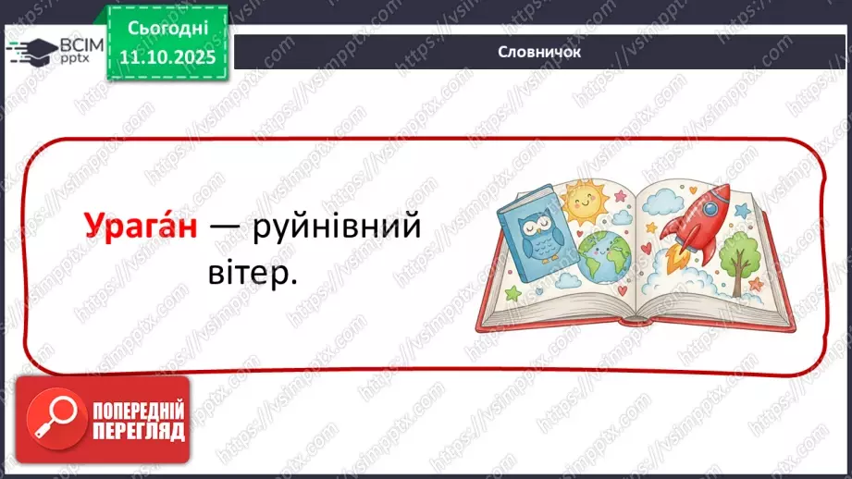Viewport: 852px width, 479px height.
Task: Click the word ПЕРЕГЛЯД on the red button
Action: pyautogui.click(x=138, y=431)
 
